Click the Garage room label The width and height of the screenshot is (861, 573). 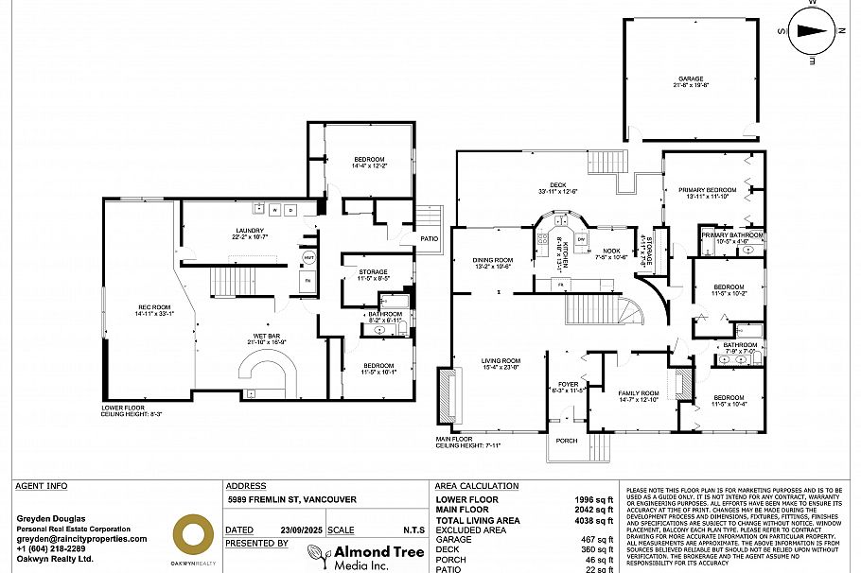pos(691,79)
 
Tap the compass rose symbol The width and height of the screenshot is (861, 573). pos(811,30)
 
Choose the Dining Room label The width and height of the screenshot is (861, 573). pos(494,261)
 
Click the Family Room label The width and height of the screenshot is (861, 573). pos(639,395)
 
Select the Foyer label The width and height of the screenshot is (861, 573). pos(568,385)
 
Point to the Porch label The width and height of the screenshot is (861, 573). pos(567,440)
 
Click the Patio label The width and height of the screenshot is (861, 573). pos(430,238)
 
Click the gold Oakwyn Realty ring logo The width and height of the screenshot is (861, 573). pos(192,534)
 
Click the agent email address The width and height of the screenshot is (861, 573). pos(82,539)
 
